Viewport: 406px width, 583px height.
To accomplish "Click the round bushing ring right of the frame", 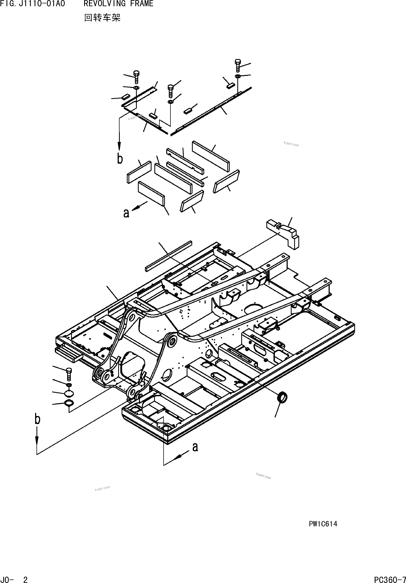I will point(283,397).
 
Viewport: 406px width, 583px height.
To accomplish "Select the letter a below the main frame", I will point(195,447).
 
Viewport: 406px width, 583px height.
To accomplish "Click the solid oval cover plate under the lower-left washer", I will point(69,393).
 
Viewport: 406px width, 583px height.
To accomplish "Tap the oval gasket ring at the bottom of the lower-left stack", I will point(69,403).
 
